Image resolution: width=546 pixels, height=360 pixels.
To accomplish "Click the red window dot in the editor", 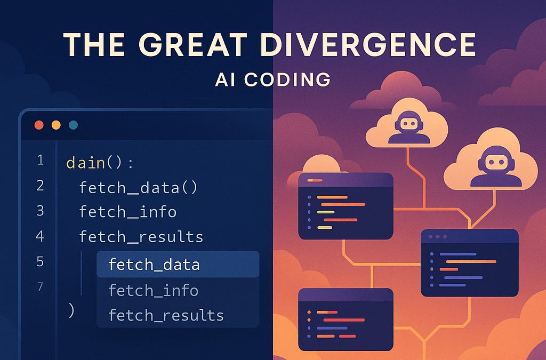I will pyautogui.click(x=39, y=125).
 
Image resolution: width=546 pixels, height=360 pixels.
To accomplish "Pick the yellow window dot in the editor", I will pyautogui.click(x=56, y=125).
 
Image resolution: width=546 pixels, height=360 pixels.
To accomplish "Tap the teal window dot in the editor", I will pyautogui.click(x=73, y=125).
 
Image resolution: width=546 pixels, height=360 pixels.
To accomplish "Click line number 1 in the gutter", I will pyautogui.click(x=41, y=161).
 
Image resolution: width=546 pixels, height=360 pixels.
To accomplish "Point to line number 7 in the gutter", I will pyautogui.click(x=41, y=287).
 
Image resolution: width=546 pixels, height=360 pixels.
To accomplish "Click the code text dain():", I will pyautogui.click(x=100, y=163).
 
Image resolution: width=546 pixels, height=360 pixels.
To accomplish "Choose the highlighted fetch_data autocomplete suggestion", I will pyautogui.click(x=154, y=265).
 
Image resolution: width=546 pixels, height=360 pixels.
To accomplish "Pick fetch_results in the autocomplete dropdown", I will pyautogui.click(x=165, y=315).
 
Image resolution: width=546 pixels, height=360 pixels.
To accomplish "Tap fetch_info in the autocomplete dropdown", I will pyautogui.click(x=153, y=290).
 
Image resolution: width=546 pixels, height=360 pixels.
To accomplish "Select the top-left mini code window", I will pyautogui.click(x=346, y=205).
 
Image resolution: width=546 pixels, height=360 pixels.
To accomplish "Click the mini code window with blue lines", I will pyautogui.click(x=469, y=262).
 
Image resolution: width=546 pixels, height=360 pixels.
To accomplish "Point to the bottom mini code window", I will pyautogui.click(x=346, y=319).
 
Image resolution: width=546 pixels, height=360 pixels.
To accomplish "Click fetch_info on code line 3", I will pyautogui.click(x=127, y=212).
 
